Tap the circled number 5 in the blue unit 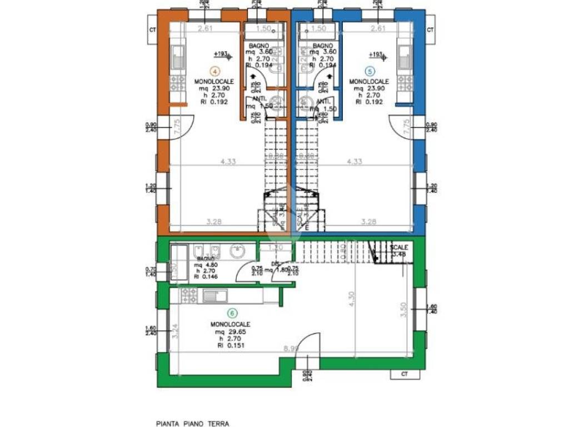pos(369,71)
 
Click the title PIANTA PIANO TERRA pos(192,423)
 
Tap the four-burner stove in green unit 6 pos(187,296)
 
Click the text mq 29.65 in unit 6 pos(230,331)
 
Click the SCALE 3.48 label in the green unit pos(399,251)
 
